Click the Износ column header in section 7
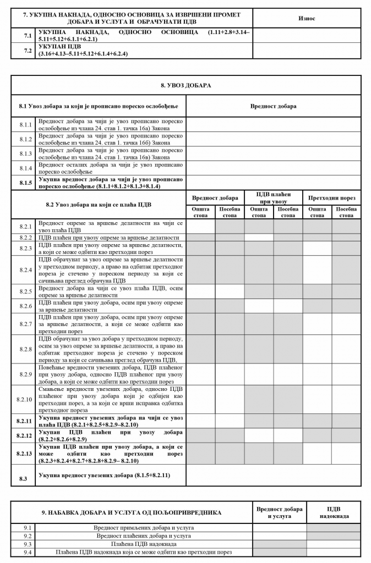pos(307,18)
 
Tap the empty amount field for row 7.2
pos(307,51)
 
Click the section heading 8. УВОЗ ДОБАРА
pos(186,86)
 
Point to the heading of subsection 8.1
pos(99,106)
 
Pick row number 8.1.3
pos(24,153)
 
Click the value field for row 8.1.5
pos(274,183)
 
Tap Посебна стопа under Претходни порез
pos(346,212)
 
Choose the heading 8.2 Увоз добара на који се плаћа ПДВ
pos(99,205)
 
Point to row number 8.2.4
pos(24,269)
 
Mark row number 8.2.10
pos(24,399)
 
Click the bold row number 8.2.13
pos(24,454)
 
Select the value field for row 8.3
pos(274,475)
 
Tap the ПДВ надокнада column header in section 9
pos(334,512)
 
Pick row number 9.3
pos(24,543)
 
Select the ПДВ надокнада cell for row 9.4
pos(334,551)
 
